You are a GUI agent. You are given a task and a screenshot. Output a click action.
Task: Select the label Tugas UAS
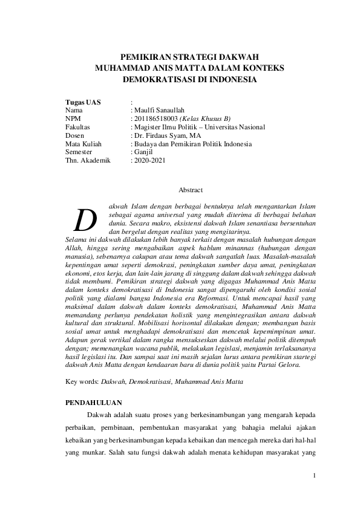coord(83,102)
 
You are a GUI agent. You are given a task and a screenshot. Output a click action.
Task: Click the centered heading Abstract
coord(191,190)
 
